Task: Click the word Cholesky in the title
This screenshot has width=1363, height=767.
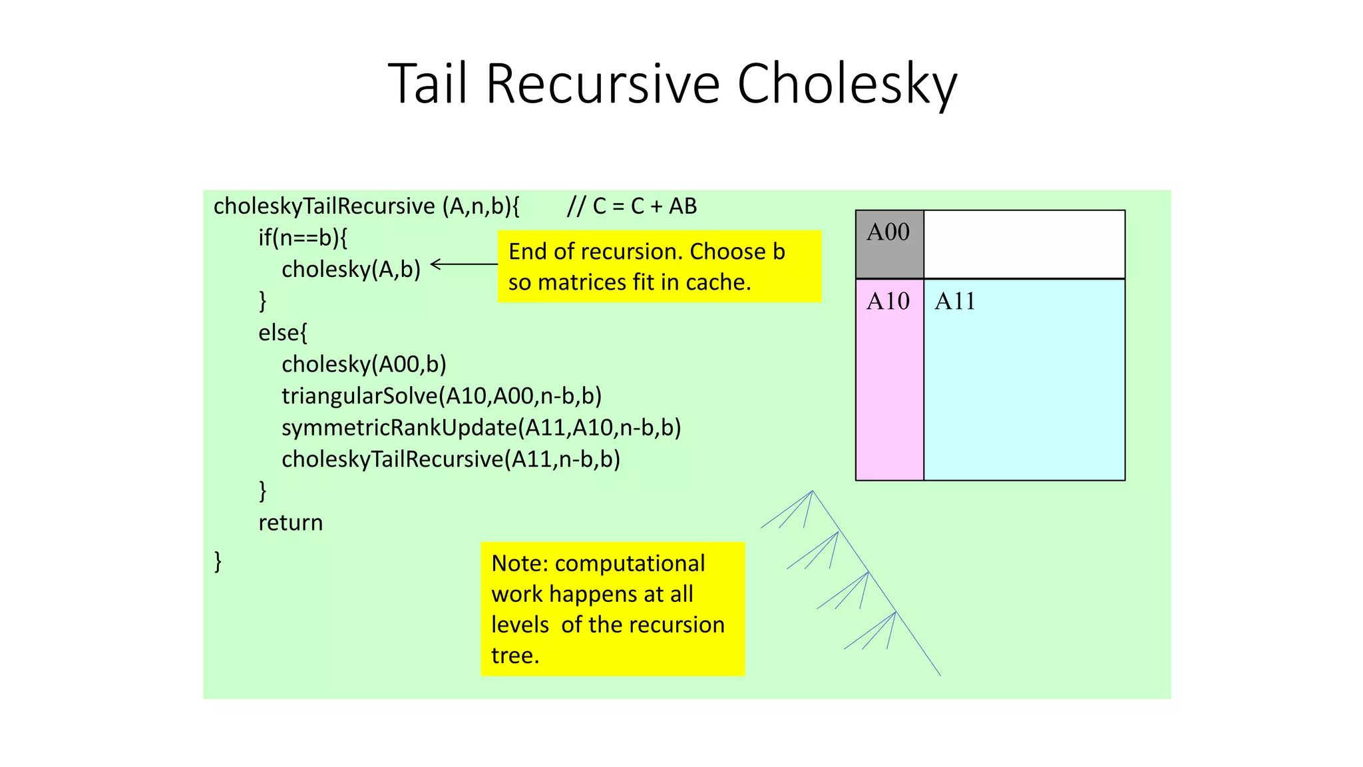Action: click(x=847, y=85)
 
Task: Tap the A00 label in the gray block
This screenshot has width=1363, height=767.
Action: click(x=888, y=232)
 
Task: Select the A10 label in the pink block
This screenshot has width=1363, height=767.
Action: click(x=888, y=302)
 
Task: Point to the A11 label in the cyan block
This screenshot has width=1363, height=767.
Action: click(x=954, y=302)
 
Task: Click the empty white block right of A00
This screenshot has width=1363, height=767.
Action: click(x=1024, y=244)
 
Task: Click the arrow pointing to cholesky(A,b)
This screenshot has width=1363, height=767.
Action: click(x=464, y=264)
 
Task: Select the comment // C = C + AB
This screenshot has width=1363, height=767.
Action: click(x=632, y=206)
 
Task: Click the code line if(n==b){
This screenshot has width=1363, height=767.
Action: click(x=303, y=238)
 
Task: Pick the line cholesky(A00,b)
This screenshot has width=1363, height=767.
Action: click(x=363, y=364)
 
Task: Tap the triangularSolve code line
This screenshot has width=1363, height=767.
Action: click(x=441, y=396)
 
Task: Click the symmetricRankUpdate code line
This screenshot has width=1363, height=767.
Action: click(x=481, y=427)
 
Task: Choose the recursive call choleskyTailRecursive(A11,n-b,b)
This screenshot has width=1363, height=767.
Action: click(x=451, y=459)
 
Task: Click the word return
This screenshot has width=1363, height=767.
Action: click(x=290, y=523)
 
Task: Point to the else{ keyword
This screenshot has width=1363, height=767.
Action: click(x=283, y=332)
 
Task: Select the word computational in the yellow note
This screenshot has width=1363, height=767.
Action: click(x=630, y=563)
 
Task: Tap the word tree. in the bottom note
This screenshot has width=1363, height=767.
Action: click(x=514, y=655)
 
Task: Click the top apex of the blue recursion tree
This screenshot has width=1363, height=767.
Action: click(x=813, y=491)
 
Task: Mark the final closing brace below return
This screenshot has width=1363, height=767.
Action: click(x=218, y=561)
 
